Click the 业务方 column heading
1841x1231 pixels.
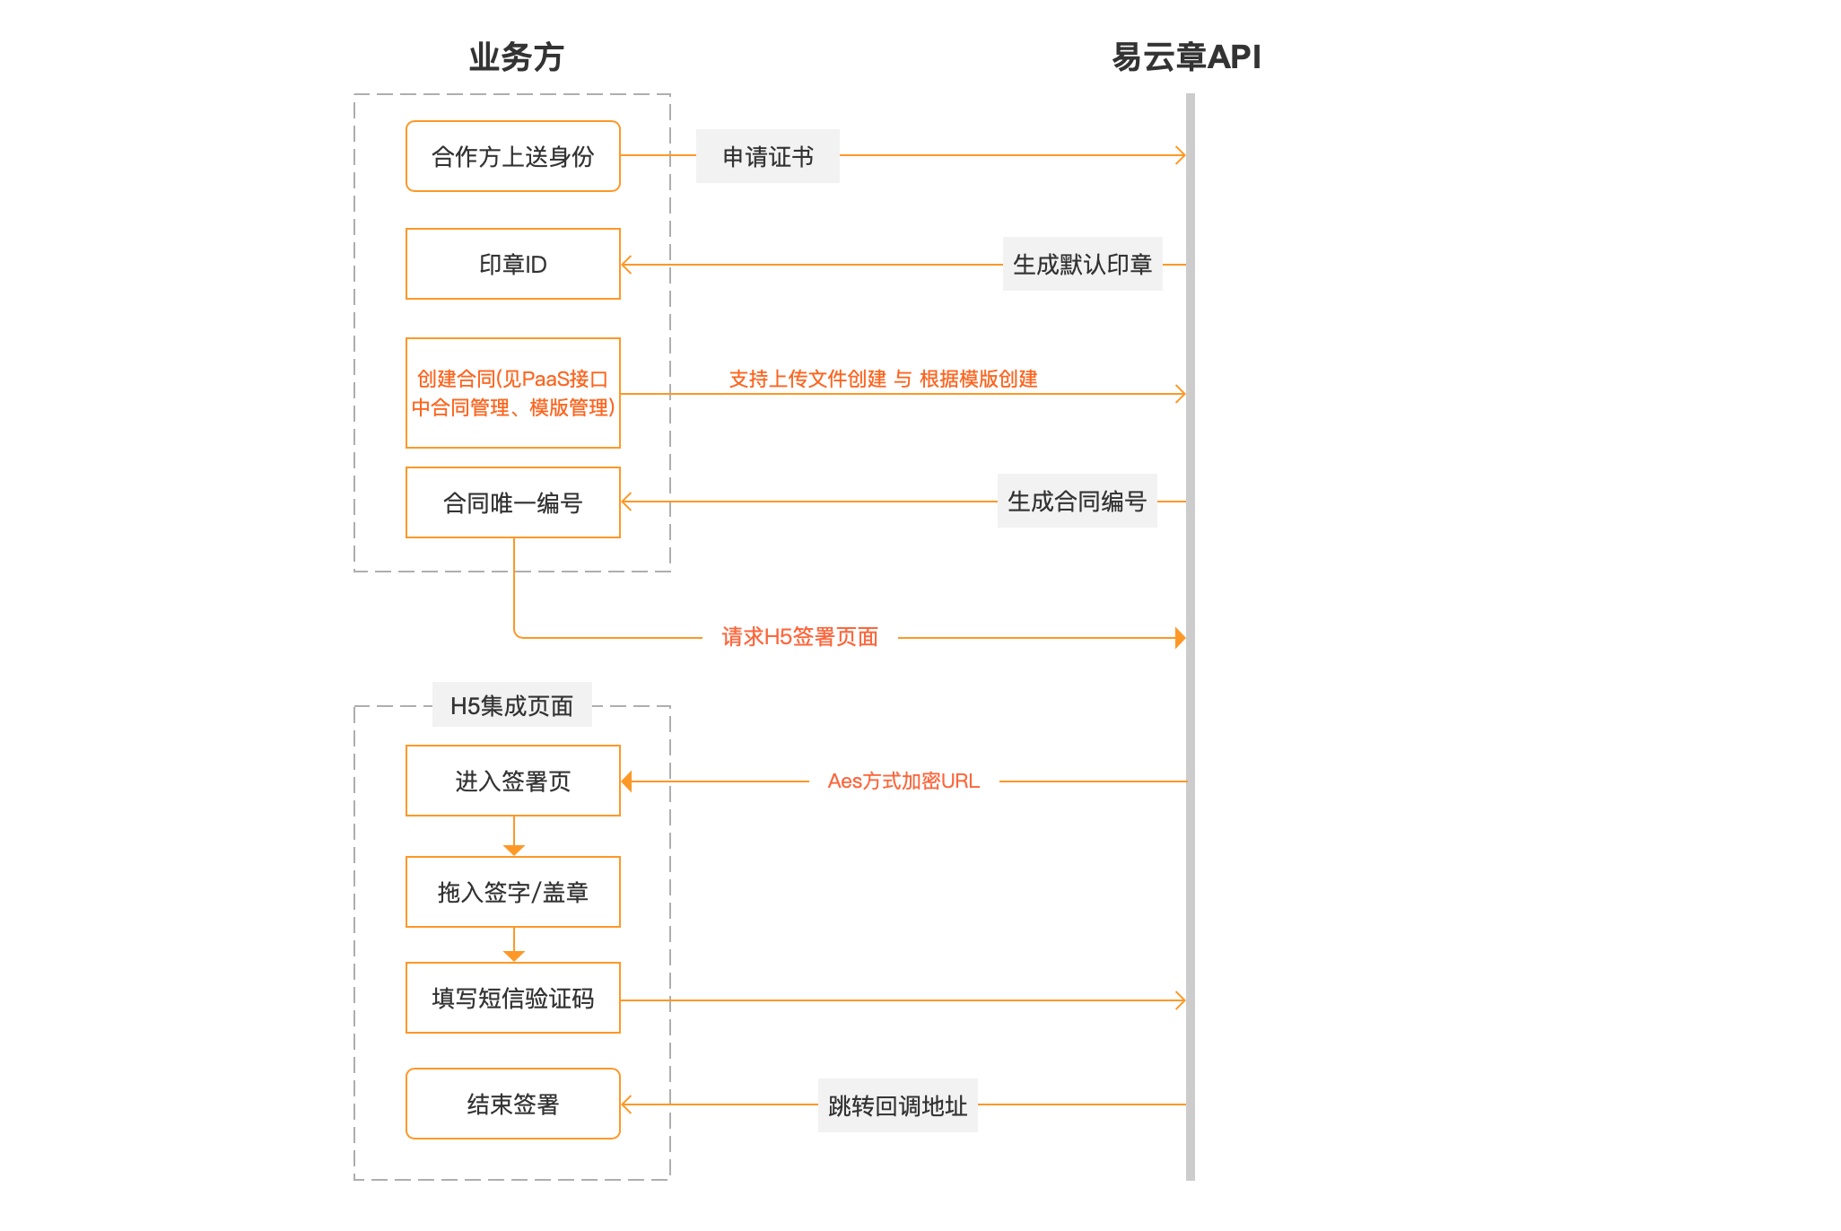516,57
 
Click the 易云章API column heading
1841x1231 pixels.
1186,57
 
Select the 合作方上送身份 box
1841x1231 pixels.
513,156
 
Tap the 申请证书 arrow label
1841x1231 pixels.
768,156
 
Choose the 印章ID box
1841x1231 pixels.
513,264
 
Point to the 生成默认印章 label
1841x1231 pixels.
1082,264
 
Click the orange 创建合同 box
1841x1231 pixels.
513,393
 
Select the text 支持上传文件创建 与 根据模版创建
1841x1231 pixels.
883,379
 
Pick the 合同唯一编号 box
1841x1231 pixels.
513,502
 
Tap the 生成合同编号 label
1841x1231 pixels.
1077,501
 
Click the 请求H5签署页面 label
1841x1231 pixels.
799,637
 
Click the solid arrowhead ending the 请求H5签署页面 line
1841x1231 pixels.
1181,638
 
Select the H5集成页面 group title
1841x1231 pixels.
511,705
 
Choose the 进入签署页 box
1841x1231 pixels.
513,781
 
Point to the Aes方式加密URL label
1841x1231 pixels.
903,781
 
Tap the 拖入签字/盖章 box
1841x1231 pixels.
513,892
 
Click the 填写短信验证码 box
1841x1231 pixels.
513,998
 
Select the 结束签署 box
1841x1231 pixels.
513,1104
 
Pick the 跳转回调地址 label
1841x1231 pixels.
897,1105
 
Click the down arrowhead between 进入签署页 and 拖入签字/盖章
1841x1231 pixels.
514,850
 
